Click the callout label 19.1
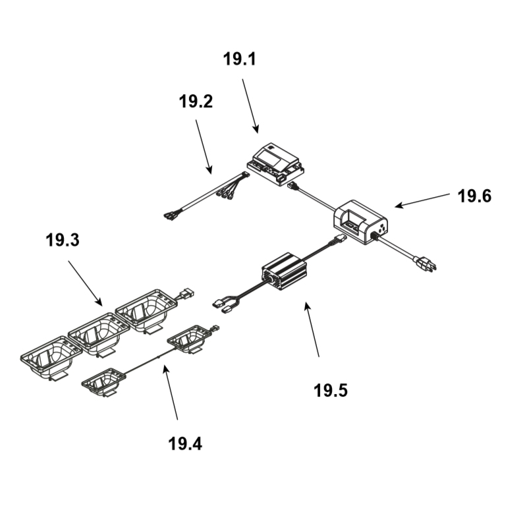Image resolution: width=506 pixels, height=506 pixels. [x=240, y=60]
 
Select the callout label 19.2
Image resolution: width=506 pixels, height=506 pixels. [x=196, y=102]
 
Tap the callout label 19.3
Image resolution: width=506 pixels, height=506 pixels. [x=63, y=240]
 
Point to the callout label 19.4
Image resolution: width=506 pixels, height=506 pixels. [x=185, y=443]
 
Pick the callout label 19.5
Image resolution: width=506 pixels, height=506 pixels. [x=330, y=390]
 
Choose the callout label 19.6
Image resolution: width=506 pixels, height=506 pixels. [x=474, y=196]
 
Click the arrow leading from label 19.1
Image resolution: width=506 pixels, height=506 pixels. [x=250, y=105]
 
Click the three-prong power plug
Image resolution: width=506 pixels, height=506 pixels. [x=423, y=265]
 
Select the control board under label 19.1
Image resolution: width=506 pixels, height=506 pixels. [x=276, y=164]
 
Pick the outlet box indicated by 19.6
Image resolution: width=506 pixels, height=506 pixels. [x=362, y=220]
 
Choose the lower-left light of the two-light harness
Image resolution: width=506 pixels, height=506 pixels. [x=103, y=381]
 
